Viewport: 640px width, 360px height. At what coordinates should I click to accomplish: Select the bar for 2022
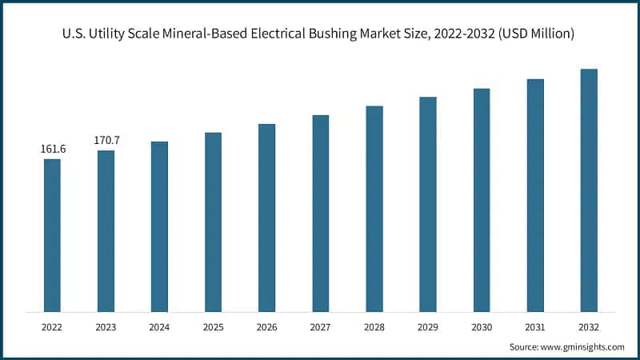pyautogui.click(x=52, y=235)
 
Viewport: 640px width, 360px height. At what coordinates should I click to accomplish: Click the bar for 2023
pyautogui.click(x=106, y=231)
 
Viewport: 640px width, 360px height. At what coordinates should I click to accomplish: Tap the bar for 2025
pyautogui.click(x=213, y=222)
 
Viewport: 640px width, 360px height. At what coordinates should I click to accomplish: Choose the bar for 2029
pyautogui.click(x=428, y=204)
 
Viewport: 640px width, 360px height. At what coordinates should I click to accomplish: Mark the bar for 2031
pyautogui.click(x=535, y=195)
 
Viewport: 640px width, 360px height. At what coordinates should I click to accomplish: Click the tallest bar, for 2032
pyautogui.click(x=589, y=190)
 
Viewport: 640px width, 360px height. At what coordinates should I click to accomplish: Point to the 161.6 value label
pyautogui.click(x=53, y=149)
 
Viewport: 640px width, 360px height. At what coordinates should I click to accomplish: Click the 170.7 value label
pyautogui.click(x=106, y=140)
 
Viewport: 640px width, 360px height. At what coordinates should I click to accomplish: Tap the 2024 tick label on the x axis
pyautogui.click(x=159, y=327)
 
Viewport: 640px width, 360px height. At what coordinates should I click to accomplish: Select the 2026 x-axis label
pyautogui.click(x=266, y=327)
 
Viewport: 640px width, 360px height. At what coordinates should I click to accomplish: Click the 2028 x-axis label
pyautogui.click(x=374, y=327)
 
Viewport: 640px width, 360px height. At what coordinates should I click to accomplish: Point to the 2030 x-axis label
pyautogui.click(x=482, y=327)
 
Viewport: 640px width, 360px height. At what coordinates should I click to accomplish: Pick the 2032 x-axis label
pyautogui.click(x=589, y=327)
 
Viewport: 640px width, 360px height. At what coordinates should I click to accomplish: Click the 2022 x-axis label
pyautogui.click(x=52, y=327)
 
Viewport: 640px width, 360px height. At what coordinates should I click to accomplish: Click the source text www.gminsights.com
pyautogui.click(x=582, y=347)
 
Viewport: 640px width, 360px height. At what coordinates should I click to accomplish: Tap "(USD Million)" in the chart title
pyautogui.click(x=534, y=34)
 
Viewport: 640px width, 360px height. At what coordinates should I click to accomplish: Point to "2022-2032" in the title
pyautogui.click(x=464, y=34)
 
